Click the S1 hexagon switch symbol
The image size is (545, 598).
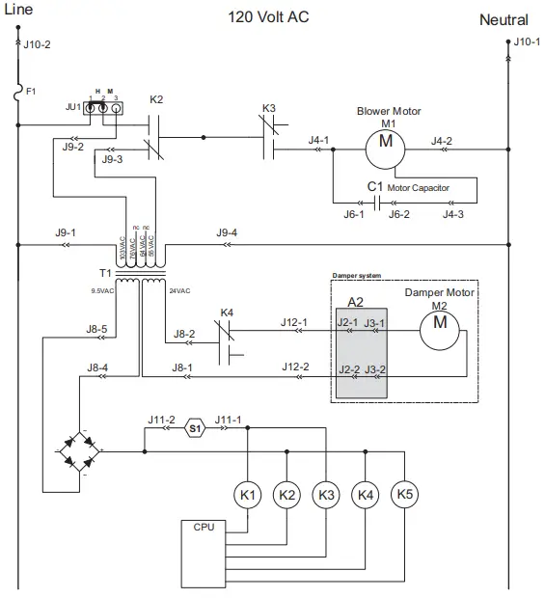tap(194, 426)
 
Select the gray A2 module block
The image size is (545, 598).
tap(361, 350)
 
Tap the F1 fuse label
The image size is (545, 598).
tap(31, 91)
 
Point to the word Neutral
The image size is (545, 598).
tap(504, 20)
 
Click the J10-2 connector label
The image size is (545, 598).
tap(37, 44)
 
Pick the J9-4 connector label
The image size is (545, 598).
tap(227, 232)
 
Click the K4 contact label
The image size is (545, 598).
tap(227, 313)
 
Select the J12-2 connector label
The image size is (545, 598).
tap(294, 367)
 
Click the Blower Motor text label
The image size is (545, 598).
tap(389, 111)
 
